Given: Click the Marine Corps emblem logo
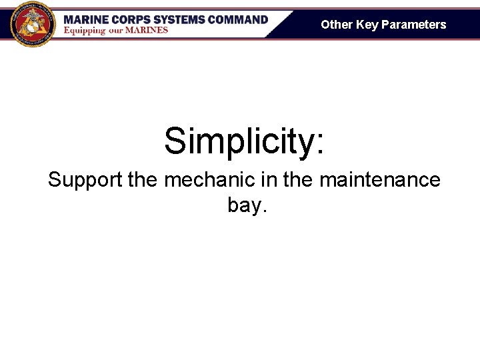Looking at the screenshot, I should click(33, 24).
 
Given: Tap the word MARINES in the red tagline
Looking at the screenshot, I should click(150, 31).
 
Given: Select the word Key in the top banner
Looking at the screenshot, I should click(367, 25).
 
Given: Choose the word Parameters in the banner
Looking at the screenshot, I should click(413, 25).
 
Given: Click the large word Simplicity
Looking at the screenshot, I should click(237, 141).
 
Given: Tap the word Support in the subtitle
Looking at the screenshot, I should click(85, 180).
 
